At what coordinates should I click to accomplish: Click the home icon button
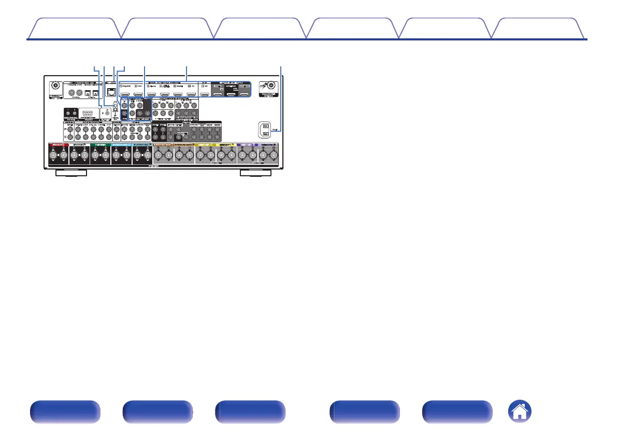tap(520, 413)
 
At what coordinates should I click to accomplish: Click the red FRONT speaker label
tap(58, 145)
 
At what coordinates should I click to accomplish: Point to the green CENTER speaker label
tap(100, 145)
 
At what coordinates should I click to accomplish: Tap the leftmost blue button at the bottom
tap(64, 413)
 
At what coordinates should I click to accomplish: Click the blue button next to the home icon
tap(457, 413)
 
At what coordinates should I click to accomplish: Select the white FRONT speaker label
tap(79, 145)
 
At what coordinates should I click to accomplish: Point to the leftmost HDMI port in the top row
tap(125, 96)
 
